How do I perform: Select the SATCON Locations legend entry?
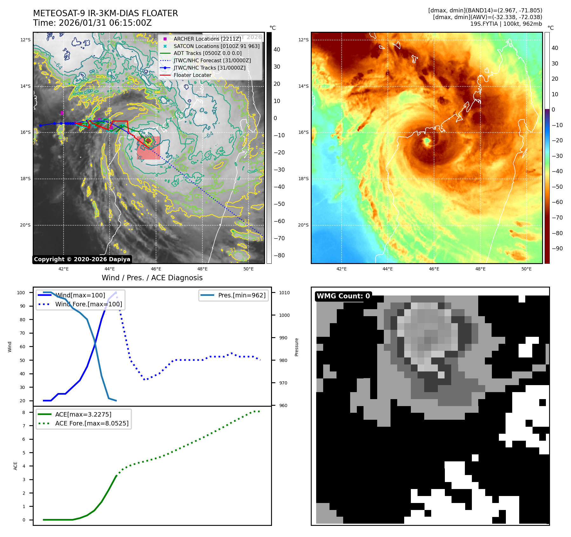click(x=216, y=46)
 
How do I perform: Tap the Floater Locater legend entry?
click(x=192, y=75)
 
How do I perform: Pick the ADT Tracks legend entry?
click(x=207, y=53)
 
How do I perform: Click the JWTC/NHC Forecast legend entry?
click(x=212, y=60)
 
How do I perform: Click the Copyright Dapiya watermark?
click(x=82, y=259)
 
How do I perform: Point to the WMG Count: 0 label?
click(x=343, y=296)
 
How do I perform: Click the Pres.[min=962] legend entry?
click(x=241, y=295)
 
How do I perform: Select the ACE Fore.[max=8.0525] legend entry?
click(x=92, y=423)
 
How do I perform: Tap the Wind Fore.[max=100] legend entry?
click(x=89, y=304)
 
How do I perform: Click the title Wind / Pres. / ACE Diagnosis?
click(x=152, y=278)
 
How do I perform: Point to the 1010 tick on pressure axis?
click(x=284, y=293)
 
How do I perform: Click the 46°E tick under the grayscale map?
click(x=156, y=269)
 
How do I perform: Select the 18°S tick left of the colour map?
click(x=303, y=179)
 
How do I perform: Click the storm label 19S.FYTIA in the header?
click(x=484, y=24)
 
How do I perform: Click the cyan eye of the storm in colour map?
click(x=427, y=140)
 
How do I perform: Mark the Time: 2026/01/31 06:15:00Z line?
click(x=92, y=23)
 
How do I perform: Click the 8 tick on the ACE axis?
click(x=24, y=412)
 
